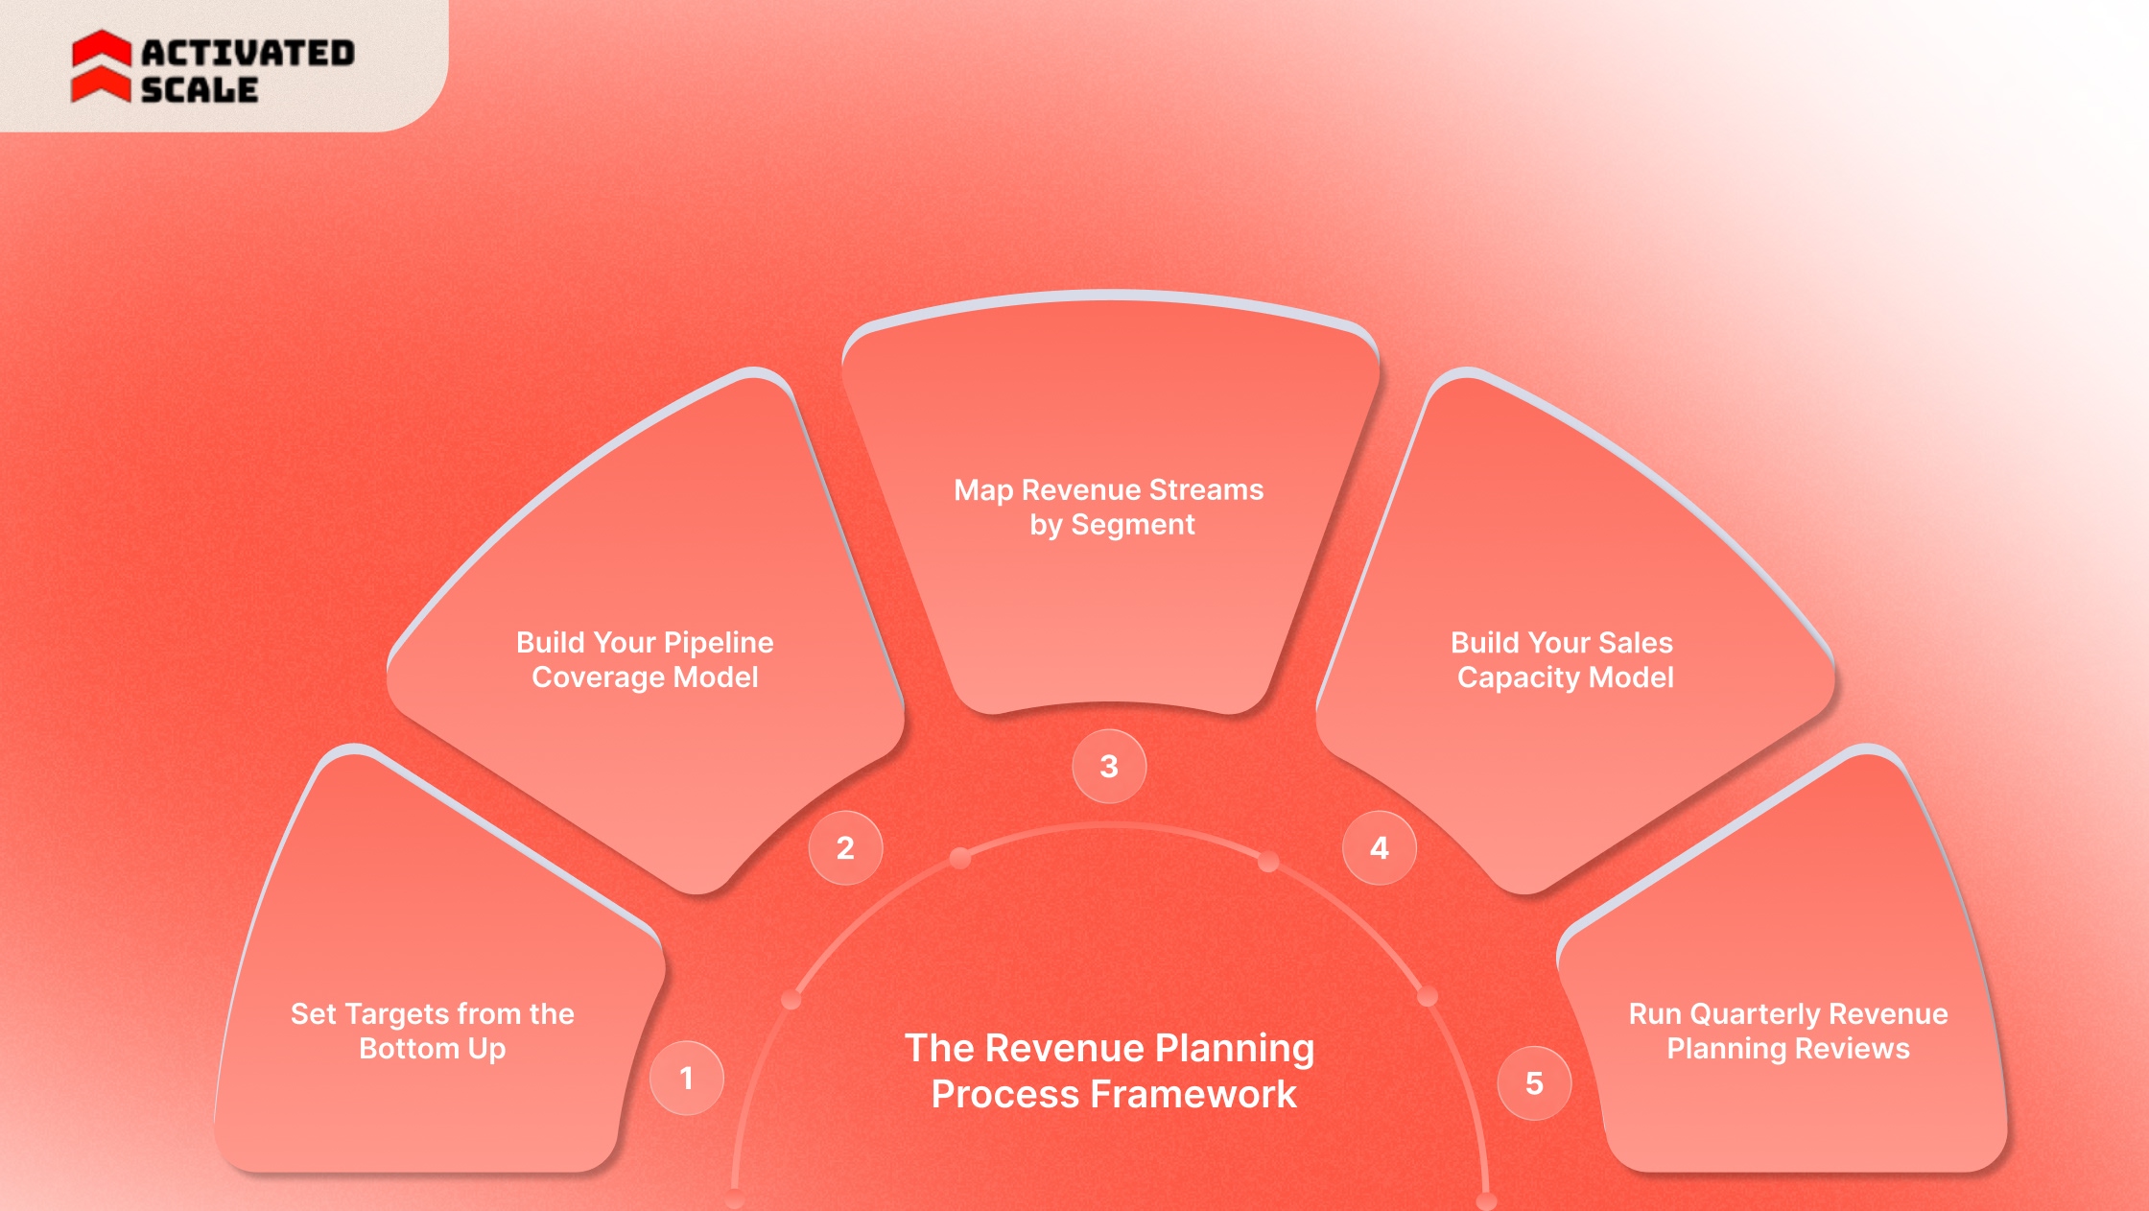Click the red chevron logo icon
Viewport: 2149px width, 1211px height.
(101, 66)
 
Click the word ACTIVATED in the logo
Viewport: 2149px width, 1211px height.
(248, 53)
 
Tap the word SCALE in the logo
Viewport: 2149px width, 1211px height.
(200, 90)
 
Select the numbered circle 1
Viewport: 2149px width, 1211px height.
(687, 1079)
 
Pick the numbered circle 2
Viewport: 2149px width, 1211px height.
(845, 848)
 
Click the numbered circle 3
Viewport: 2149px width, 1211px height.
(1109, 767)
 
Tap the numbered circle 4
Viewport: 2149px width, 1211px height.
(1380, 848)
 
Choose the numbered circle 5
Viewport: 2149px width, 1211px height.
(1534, 1083)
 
